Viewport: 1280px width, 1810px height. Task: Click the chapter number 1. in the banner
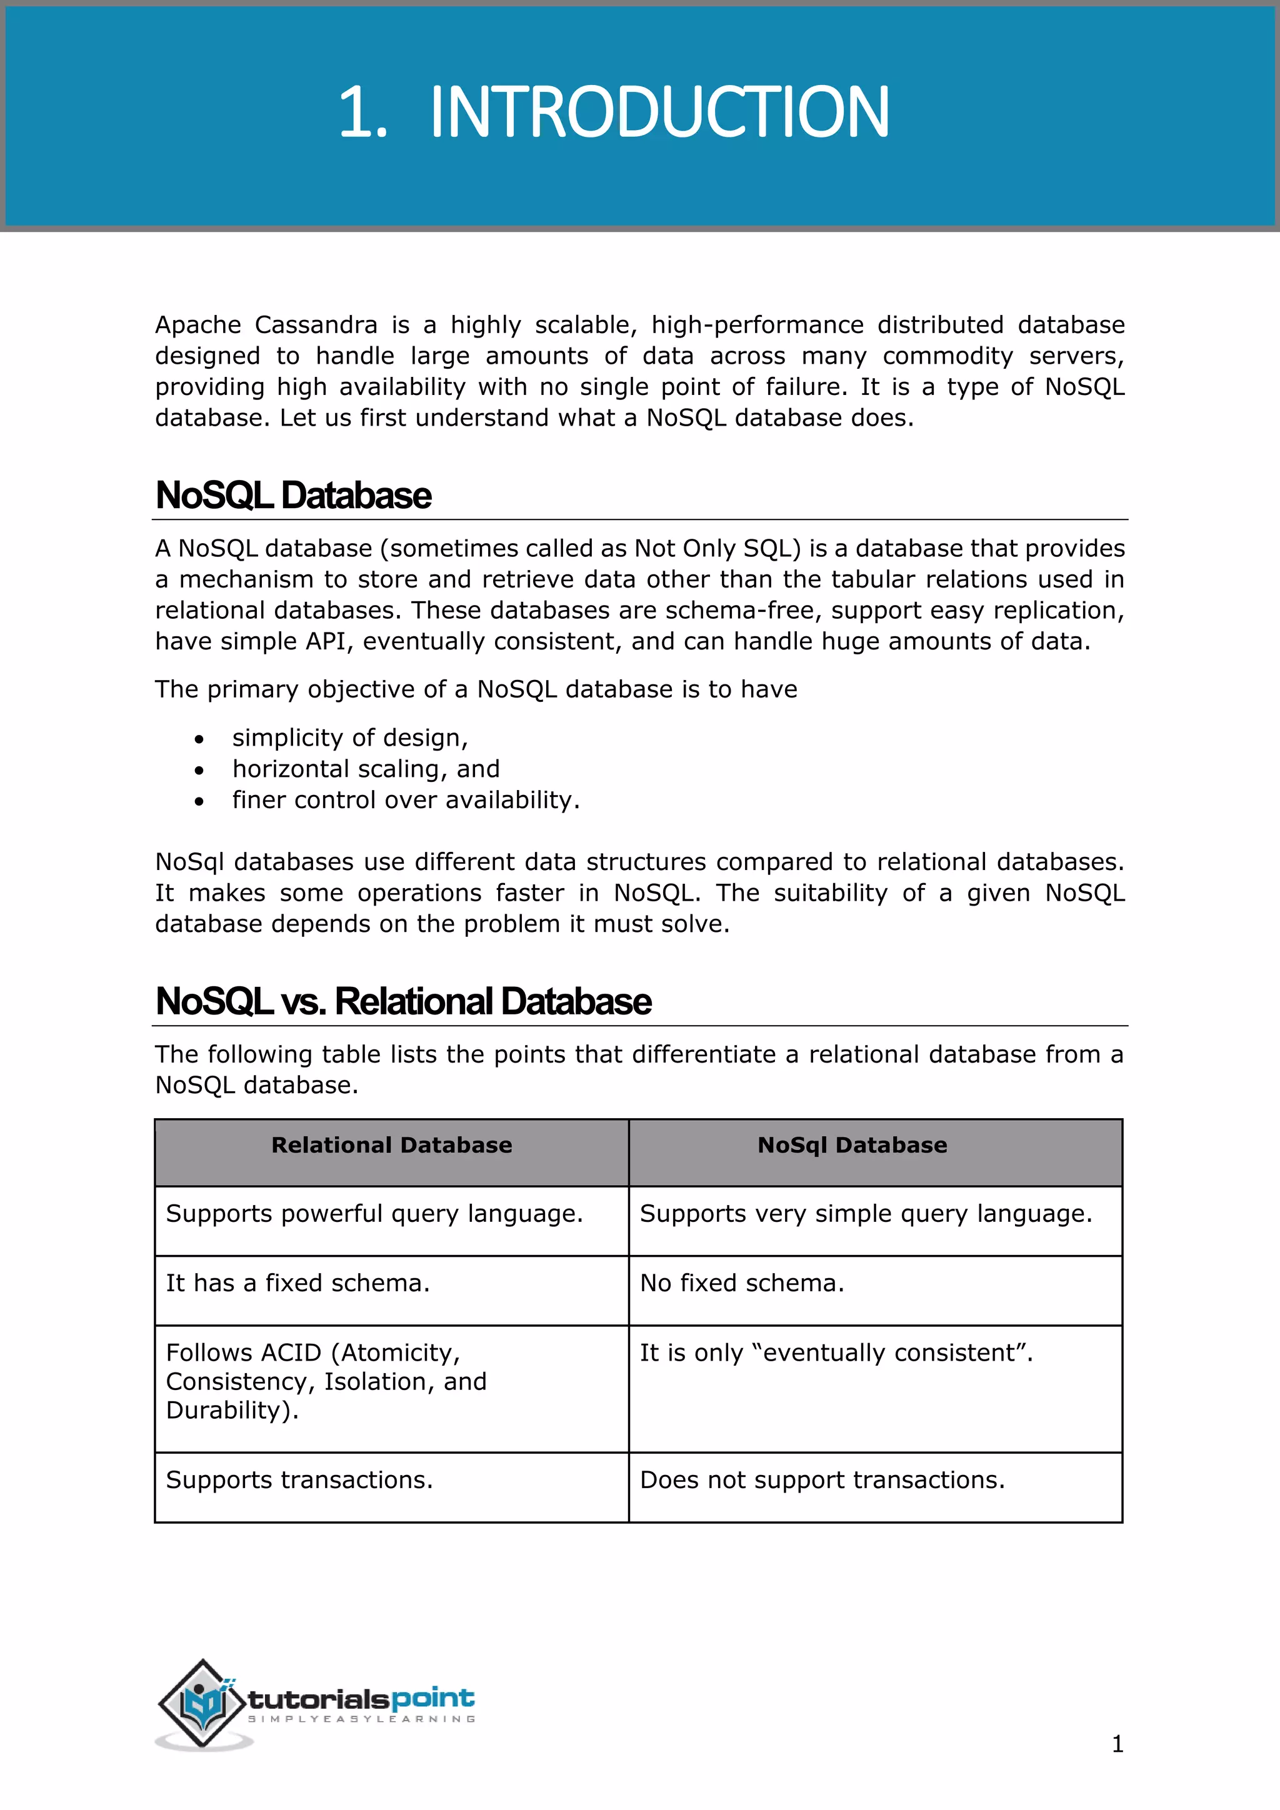coord(362,112)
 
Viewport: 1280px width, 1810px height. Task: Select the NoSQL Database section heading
coord(293,496)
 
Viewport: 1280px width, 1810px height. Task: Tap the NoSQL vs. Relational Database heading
coord(404,1002)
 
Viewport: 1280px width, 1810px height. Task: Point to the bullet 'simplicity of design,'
coord(350,738)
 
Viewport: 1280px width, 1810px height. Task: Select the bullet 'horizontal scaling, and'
coord(366,769)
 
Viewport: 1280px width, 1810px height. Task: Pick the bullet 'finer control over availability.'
coord(406,800)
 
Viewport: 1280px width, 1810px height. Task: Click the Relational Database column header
coord(392,1146)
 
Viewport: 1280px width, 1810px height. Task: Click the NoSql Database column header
coord(852,1146)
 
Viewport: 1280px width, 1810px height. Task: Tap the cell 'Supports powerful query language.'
coord(374,1214)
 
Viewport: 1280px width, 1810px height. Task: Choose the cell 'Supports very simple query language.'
coord(866,1214)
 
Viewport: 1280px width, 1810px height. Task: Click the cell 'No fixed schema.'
coord(742,1283)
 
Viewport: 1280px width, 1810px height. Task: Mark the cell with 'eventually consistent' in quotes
coord(836,1352)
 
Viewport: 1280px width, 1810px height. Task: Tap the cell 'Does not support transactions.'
coord(822,1481)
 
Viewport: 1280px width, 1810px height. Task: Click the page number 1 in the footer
coord(1117,1744)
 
